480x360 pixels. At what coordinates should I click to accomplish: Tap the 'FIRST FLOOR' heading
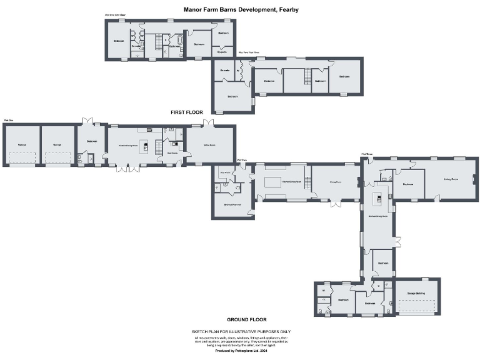(187, 112)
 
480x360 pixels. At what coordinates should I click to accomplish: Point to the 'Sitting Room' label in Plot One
(209, 145)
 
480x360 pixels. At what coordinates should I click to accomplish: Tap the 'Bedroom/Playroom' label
(232, 204)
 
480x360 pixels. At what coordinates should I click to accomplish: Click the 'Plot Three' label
(367, 154)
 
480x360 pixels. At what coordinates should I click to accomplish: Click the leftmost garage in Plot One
(22, 146)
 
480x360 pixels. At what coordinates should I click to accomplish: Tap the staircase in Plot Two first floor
(306, 77)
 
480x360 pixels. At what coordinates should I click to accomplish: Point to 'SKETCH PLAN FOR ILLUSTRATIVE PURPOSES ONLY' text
(240, 332)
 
